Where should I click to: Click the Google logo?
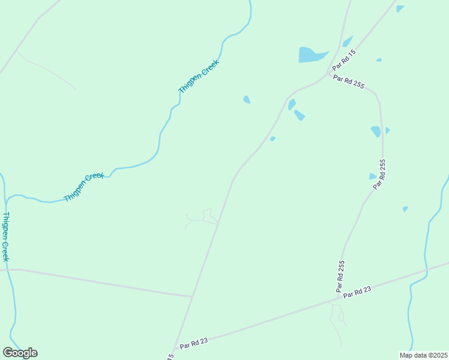pos(20,353)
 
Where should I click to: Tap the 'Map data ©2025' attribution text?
pos(424,355)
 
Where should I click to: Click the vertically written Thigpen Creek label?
pos(5,236)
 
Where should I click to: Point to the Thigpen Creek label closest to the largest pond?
pos(199,76)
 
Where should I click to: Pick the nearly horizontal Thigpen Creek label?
pos(84,187)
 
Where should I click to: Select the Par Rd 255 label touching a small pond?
pos(379,174)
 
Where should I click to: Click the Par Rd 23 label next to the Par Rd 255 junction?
pos(358,291)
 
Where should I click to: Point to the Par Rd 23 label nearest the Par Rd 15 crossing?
pos(193,341)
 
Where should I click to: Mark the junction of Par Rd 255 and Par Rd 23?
pos(338,296)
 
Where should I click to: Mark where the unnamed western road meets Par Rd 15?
pos(192,296)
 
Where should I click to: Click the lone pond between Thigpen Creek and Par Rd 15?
pos(247,100)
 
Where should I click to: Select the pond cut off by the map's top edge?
pos(400,8)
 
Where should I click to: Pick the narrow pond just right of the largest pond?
pos(347,41)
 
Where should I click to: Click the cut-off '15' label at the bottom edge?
pos(170,356)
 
